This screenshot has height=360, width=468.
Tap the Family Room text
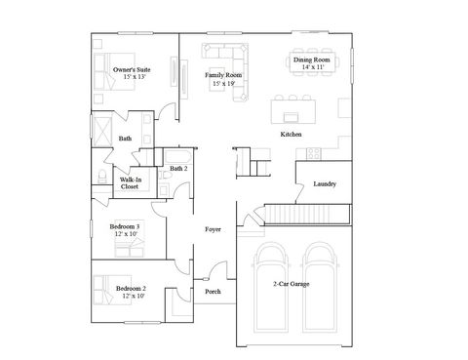click(223, 75)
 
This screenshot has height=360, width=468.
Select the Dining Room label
click(312, 60)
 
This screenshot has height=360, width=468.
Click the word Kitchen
click(291, 134)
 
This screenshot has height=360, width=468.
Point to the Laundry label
click(325, 184)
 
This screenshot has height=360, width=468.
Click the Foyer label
click(213, 229)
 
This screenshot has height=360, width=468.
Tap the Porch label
click(213, 291)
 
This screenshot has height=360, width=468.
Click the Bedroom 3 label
click(124, 226)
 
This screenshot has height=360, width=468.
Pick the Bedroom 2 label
click(130, 289)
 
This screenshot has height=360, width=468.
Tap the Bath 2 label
click(177, 169)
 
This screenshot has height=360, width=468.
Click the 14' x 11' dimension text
click(312, 68)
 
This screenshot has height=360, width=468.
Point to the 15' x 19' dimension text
click(223, 84)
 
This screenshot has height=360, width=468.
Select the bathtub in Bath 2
click(179, 155)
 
